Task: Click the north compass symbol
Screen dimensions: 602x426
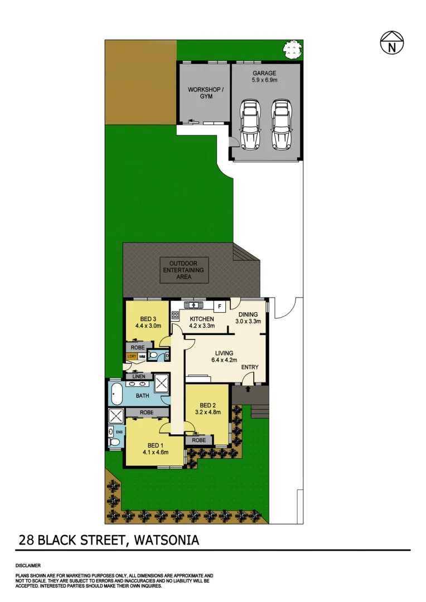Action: coord(392,43)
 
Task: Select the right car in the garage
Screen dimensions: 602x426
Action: coord(282,124)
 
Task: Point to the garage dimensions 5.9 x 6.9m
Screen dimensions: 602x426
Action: coord(264,80)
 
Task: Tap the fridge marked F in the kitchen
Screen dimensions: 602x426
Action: coord(220,306)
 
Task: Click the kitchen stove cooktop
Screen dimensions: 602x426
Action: coord(175,315)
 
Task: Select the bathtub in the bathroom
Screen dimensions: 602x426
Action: coord(117,394)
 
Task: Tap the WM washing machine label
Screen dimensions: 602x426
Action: coord(142,357)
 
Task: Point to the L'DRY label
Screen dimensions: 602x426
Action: coord(132,357)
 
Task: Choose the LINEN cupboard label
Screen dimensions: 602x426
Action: coord(138,377)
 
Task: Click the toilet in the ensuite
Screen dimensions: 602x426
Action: coord(114,443)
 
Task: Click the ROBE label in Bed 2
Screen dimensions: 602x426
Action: coord(199,440)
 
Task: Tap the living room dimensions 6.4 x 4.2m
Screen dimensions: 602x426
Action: coord(222,361)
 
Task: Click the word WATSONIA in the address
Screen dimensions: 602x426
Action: coord(166,540)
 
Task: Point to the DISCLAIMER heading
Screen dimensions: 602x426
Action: coord(28,565)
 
